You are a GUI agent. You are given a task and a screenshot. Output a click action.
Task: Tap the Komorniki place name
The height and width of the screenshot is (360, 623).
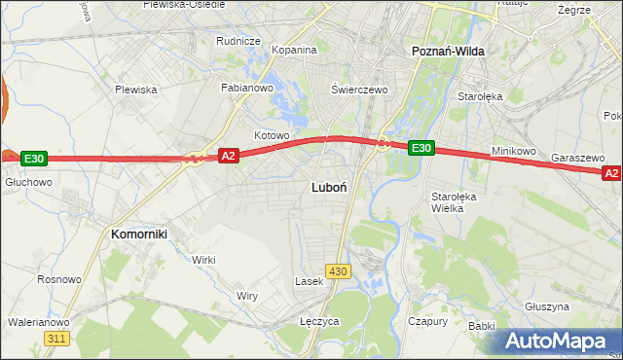pyautogui.click(x=140, y=234)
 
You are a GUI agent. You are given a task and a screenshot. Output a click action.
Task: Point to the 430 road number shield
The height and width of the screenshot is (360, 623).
pyautogui.click(x=338, y=271)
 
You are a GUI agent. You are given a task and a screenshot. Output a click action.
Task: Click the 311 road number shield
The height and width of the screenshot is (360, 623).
pyautogui.click(x=56, y=338)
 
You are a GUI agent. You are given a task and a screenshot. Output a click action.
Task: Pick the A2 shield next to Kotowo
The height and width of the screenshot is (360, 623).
pyautogui.click(x=228, y=156)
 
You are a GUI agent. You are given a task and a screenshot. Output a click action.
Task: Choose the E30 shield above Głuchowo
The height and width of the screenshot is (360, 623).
pyautogui.click(x=33, y=159)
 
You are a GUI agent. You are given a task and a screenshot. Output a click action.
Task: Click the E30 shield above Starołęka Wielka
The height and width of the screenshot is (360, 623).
pyautogui.click(x=420, y=148)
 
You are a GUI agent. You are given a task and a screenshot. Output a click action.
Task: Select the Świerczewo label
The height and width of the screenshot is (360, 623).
pyautogui.click(x=359, y=89)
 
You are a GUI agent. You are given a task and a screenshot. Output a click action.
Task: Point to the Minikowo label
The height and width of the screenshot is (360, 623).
pyautogui.click(x=514, y=152)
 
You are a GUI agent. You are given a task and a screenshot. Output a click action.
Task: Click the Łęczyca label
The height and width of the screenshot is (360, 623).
pyautogui.click(x=319, y=320)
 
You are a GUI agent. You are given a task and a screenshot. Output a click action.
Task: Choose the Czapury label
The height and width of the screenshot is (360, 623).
pyautogui.click(x=428, y=320)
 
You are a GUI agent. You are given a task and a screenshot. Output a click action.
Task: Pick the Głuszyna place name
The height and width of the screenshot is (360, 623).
pyautogui.click(x=546, y=306)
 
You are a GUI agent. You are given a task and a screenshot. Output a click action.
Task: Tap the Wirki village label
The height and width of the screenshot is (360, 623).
pyautogui.click(x=203, y=260)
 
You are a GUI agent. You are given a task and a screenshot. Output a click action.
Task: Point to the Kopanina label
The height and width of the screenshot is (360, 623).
pyautogui.click(x=294, y=50)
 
